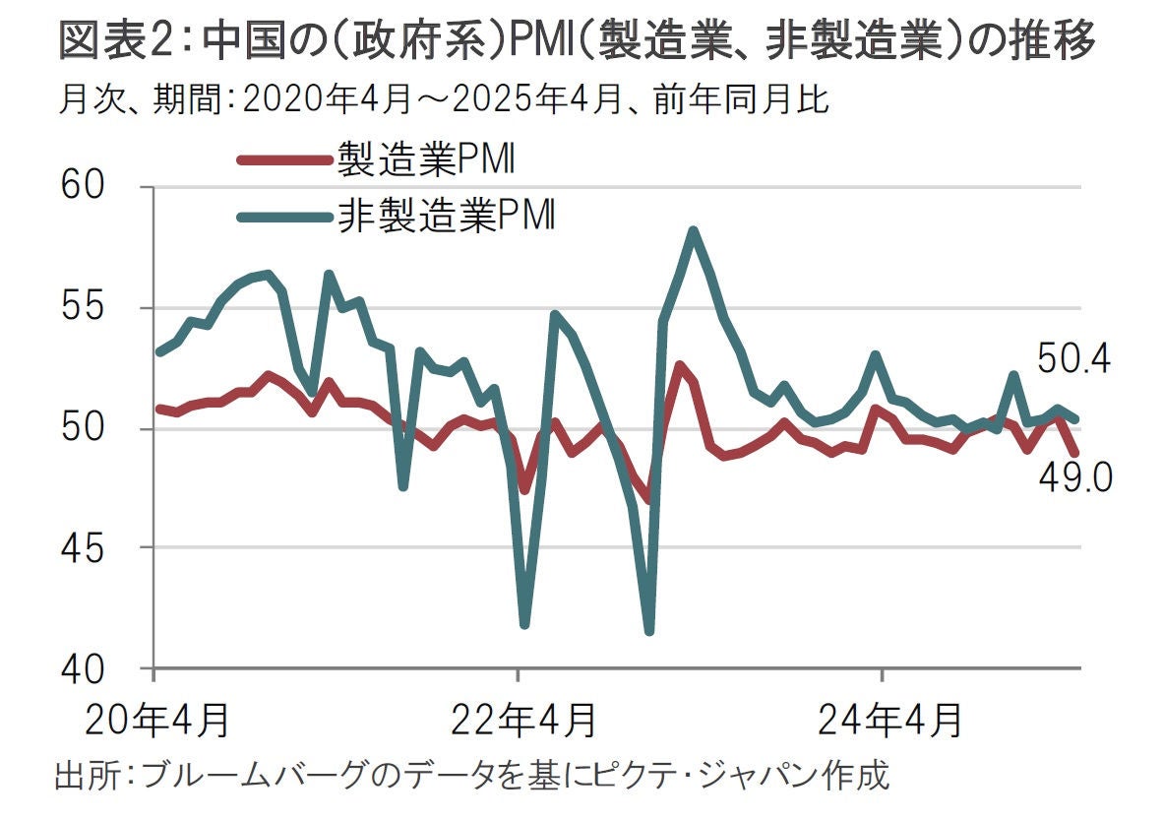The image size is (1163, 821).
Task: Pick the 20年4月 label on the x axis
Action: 157,719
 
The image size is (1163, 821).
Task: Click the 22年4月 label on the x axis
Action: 523,719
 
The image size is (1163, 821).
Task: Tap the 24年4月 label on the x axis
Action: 888,719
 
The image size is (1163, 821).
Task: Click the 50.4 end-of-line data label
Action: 1073,361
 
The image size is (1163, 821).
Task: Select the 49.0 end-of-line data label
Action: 1073,478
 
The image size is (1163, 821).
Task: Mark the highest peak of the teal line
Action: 694,231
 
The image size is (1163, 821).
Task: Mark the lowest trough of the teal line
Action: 648,630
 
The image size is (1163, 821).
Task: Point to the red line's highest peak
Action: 679,365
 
